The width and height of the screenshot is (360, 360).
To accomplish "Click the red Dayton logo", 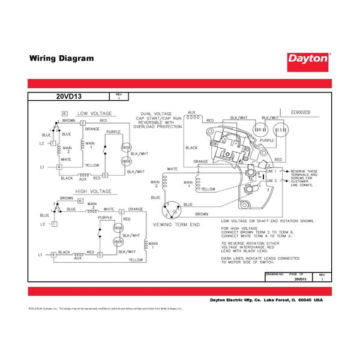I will click(308, 59).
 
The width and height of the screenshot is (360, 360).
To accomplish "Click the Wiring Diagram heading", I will click(62, 59).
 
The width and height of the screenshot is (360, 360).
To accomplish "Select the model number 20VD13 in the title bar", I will click(69, 97).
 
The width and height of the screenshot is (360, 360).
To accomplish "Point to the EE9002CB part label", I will click(302, 112).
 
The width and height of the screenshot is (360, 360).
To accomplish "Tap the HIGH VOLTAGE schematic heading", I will click(93, 191).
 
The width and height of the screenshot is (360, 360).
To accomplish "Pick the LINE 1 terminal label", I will click(271, 172).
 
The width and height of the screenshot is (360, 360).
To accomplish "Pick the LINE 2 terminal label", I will click(271, 180).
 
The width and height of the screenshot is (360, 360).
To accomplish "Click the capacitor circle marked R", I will click(259, 129).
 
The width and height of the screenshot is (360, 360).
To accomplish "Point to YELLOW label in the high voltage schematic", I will click(135, 260).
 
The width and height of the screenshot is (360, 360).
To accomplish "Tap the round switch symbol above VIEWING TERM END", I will click(171, 208).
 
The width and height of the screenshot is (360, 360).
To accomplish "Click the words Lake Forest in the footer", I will click(276, 299).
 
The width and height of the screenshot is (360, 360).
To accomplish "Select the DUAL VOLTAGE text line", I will click(156, 113).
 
